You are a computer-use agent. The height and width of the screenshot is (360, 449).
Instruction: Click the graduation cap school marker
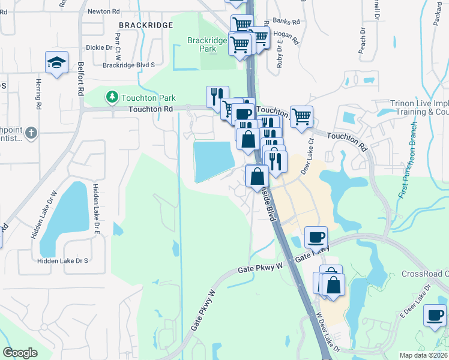coord(56,63)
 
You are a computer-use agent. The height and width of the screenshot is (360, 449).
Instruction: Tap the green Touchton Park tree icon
coord(111,97)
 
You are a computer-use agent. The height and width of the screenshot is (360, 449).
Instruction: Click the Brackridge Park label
coord(207,45)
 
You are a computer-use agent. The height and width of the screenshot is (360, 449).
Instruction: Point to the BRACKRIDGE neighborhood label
coord(146,25)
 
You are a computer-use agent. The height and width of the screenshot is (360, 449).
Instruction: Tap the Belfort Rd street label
coord(80,78)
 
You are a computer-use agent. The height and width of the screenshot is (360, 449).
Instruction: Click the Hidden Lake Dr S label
coord(62,260)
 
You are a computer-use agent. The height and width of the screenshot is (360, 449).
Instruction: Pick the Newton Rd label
coord(104,11)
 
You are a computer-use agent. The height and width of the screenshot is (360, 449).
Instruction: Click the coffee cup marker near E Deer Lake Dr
coord(434,315)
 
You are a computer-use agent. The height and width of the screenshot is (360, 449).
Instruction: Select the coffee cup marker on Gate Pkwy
coord(316,237)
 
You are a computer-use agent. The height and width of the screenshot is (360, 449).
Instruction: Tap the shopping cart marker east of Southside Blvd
coord(301,117)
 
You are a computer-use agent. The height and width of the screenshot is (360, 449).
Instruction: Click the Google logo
coord(20,353)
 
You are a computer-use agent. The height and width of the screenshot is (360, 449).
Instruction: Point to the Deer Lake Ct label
coord(307,157)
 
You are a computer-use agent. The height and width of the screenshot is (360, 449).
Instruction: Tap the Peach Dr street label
coord(362,41)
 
